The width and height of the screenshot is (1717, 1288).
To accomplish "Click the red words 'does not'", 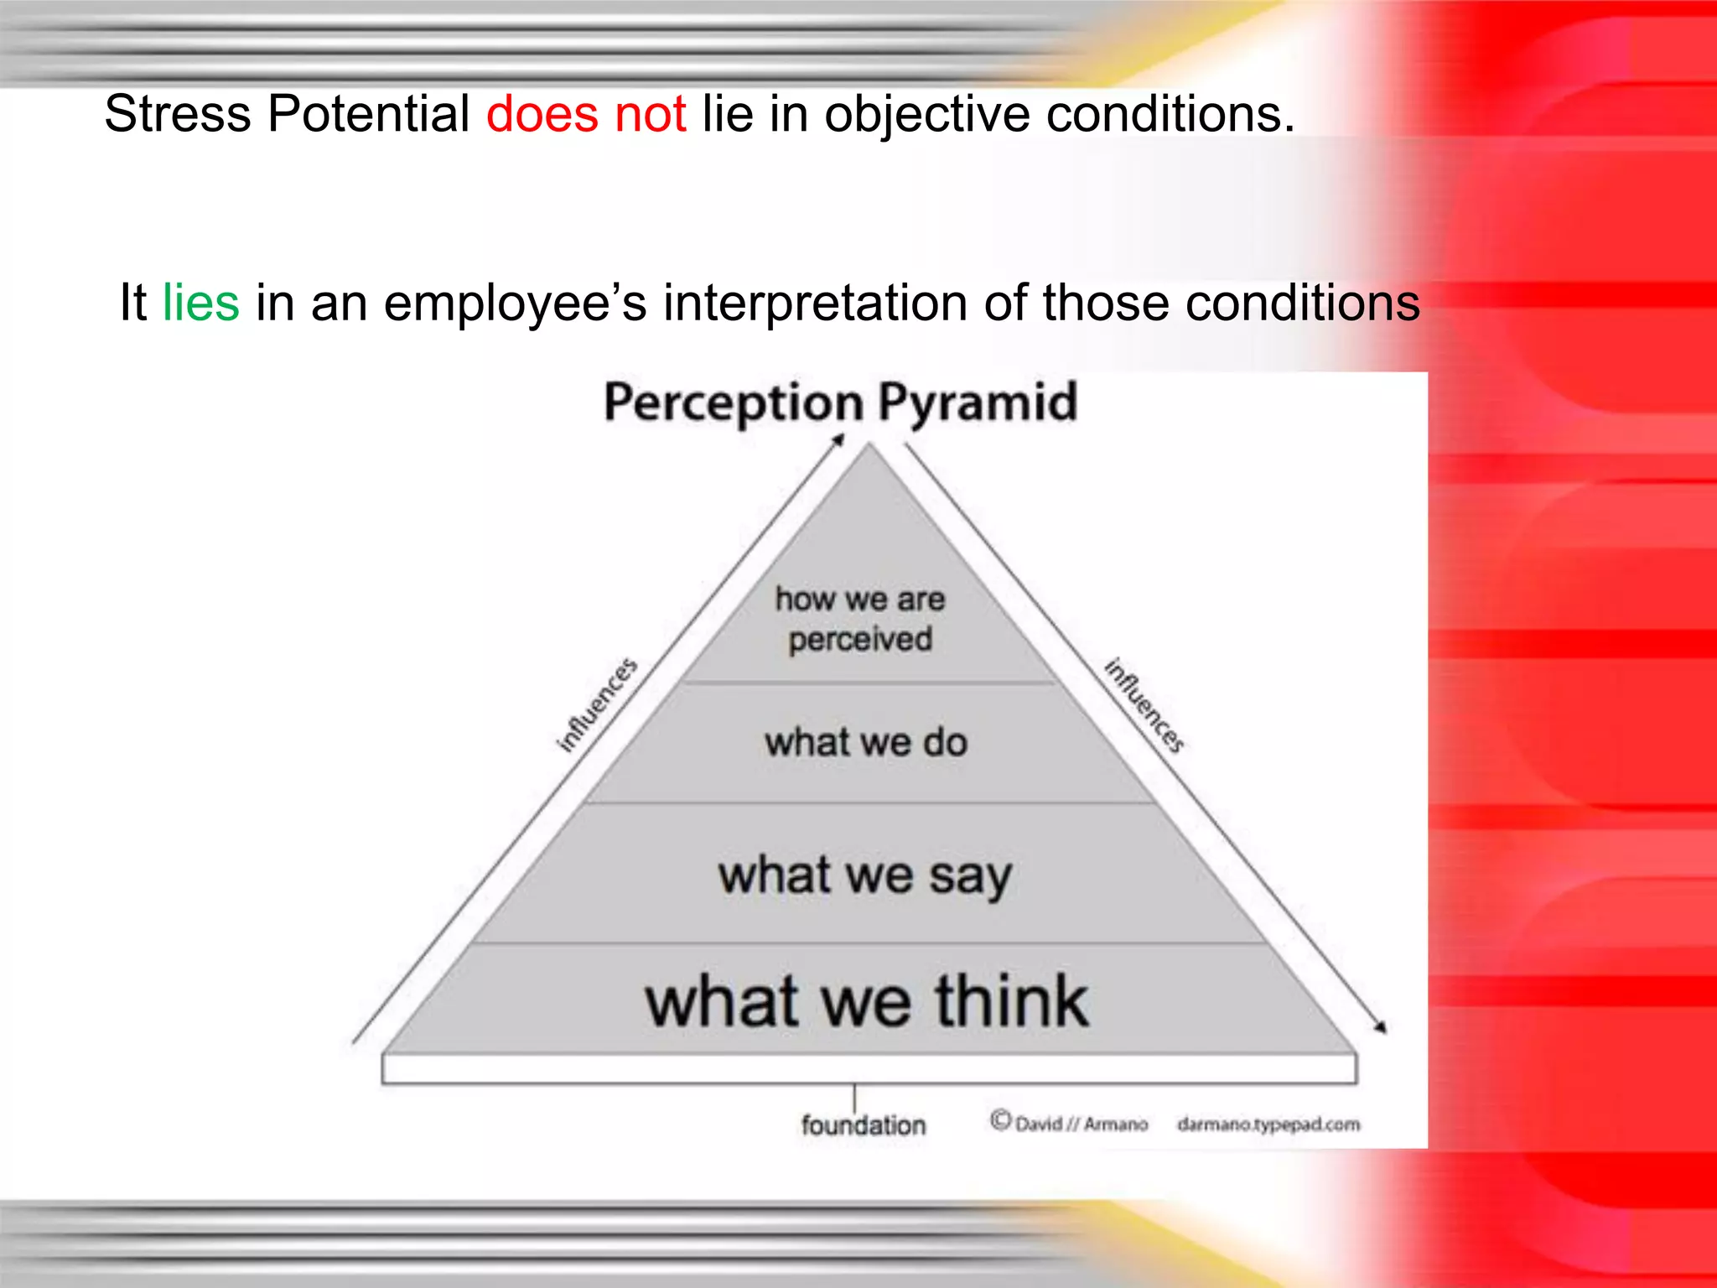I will [586, 114].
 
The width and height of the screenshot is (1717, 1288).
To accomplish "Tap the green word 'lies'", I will [200, 303].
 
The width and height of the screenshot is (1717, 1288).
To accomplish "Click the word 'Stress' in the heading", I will [177, 114].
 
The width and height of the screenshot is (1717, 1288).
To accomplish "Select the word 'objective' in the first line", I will [926, 114].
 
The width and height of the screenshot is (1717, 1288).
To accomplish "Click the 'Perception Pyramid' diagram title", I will [840, 402].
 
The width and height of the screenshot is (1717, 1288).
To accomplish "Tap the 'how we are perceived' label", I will [860, 619].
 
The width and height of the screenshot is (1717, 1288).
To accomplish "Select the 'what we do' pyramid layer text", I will [866, 743].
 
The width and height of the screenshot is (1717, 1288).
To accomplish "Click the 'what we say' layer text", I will [865, 875].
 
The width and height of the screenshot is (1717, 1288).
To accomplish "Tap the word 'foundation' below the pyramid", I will [863, 1125].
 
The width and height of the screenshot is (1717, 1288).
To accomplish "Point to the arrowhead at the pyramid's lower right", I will [1380, 1027].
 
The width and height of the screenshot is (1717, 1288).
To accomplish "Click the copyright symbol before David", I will [1000, 1120].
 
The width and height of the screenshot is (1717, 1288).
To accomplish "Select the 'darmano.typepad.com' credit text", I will [1268, 1124].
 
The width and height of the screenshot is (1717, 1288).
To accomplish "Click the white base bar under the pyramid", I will [869, 1069].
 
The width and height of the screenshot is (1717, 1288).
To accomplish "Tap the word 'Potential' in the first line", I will [368, 114].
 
